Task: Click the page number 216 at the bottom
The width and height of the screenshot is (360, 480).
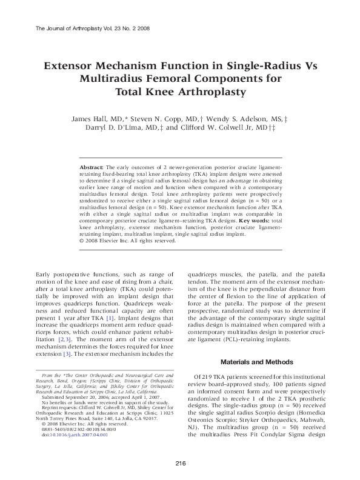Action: (x=180, y=465)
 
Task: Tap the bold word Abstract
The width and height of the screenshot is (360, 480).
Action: (x=92, y=166)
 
